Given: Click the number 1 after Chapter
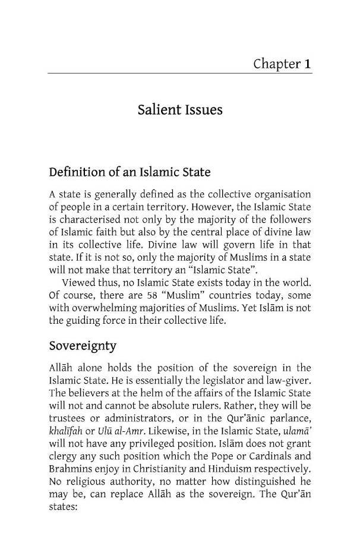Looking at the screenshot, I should pyautogui.click(x=307, y=64).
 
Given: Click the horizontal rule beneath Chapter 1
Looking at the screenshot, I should pyautogui.click(x=179, y=74).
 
